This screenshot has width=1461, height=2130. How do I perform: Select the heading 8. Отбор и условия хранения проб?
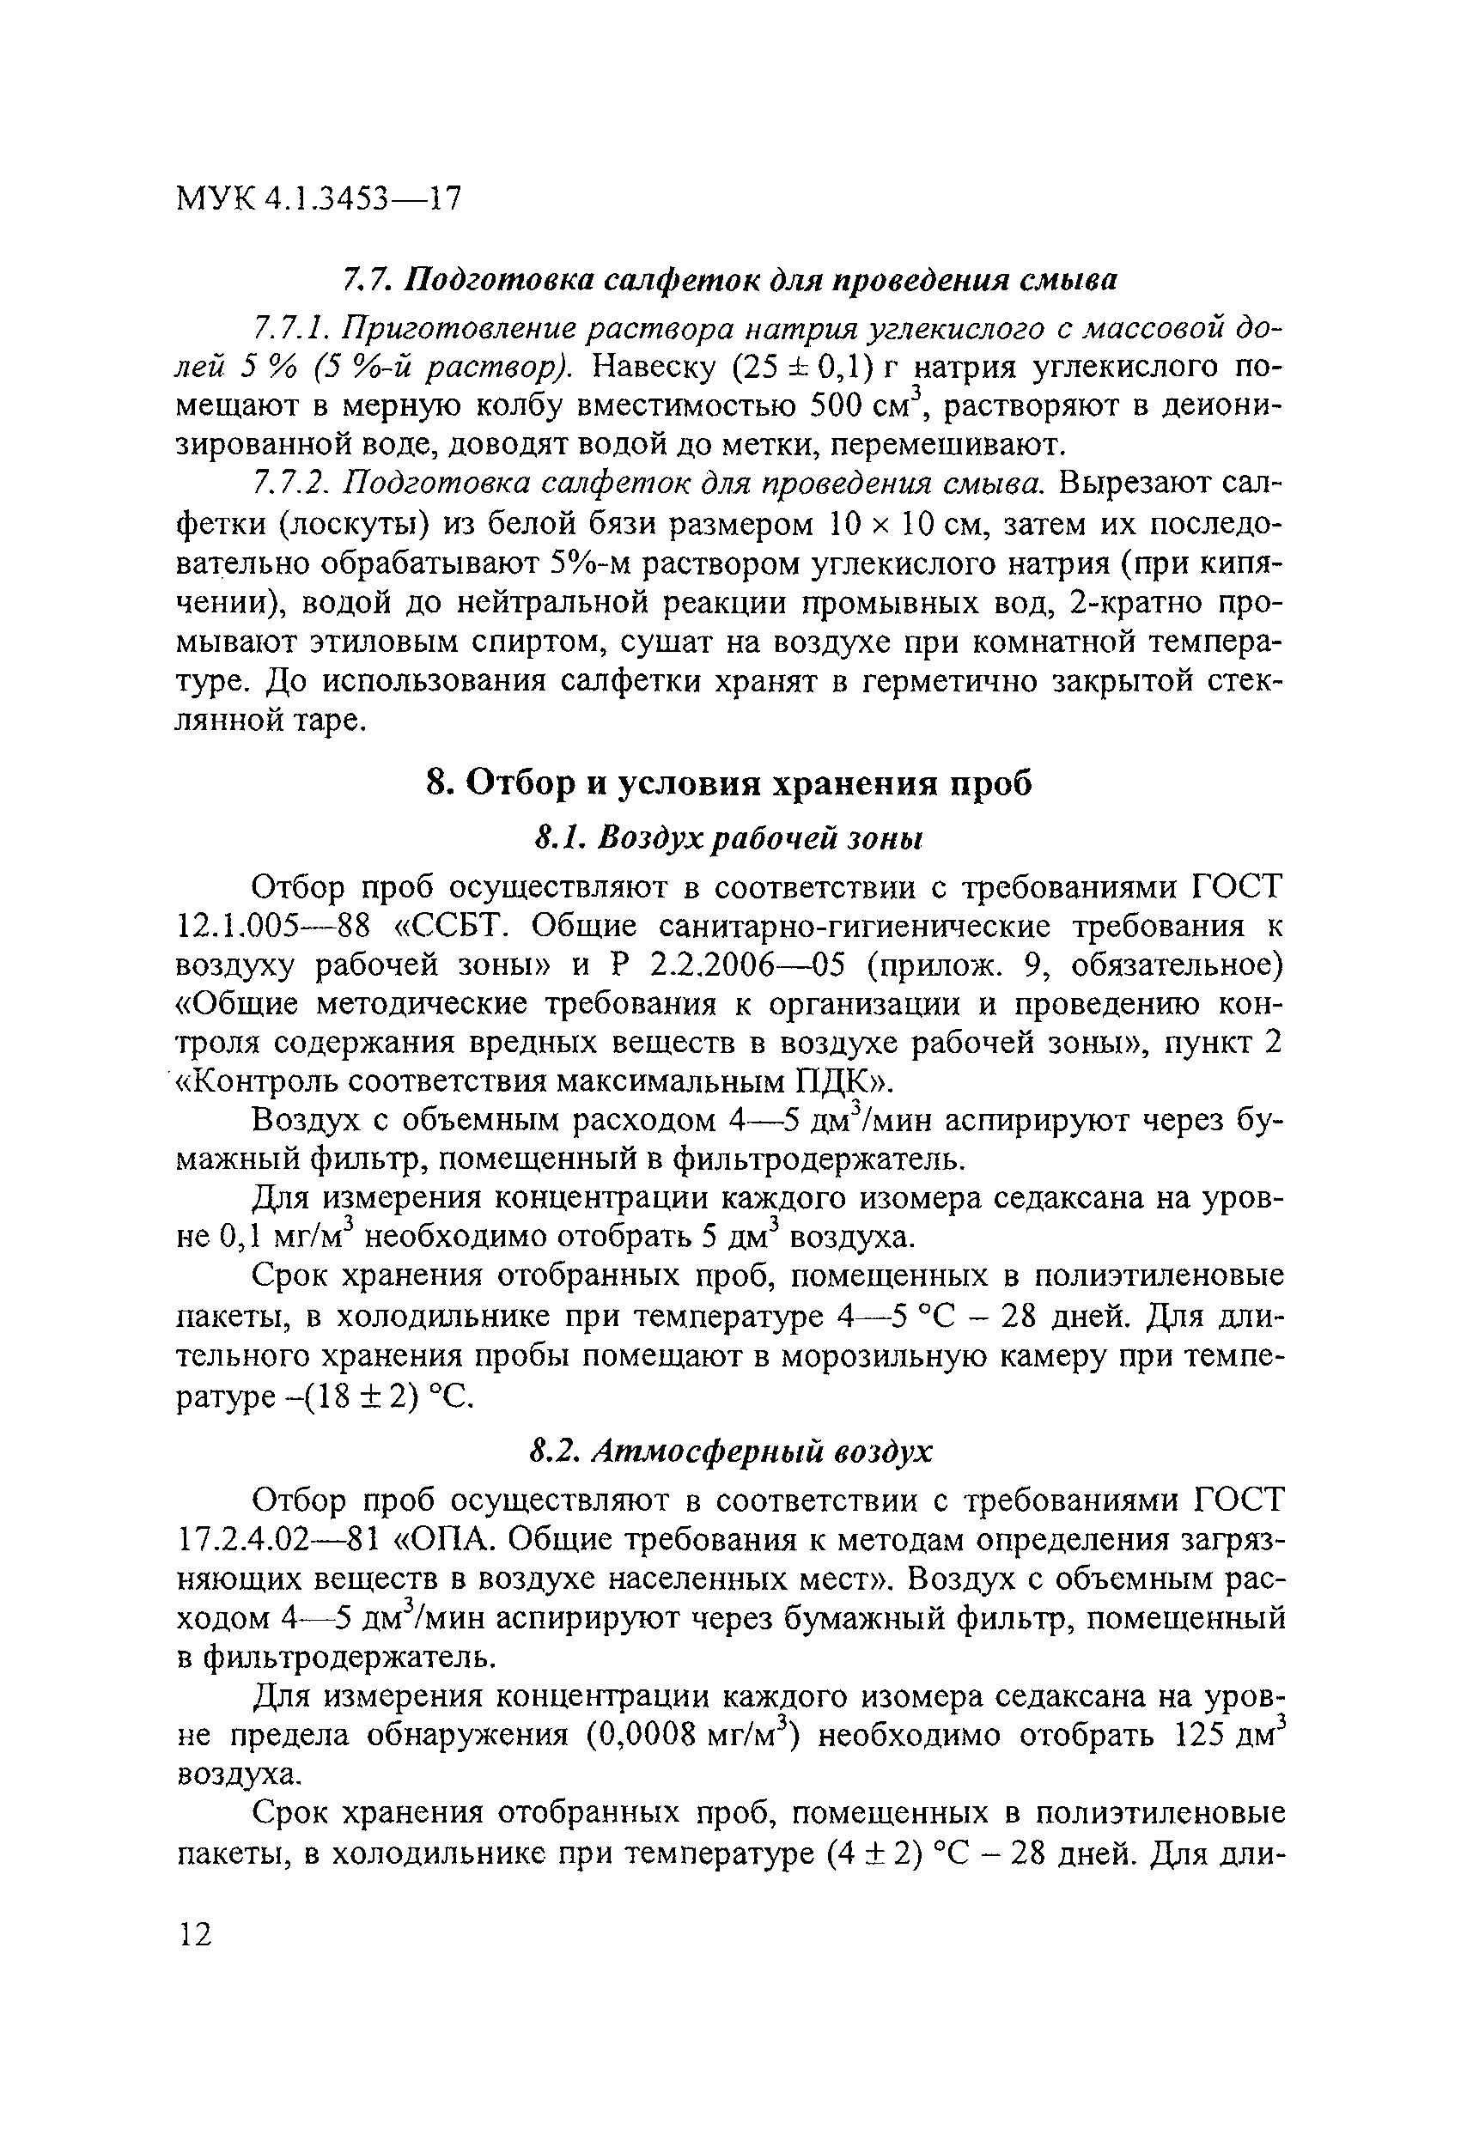(x=729, y=783)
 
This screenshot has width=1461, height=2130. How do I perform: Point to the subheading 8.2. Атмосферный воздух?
(x=729, y=1451)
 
